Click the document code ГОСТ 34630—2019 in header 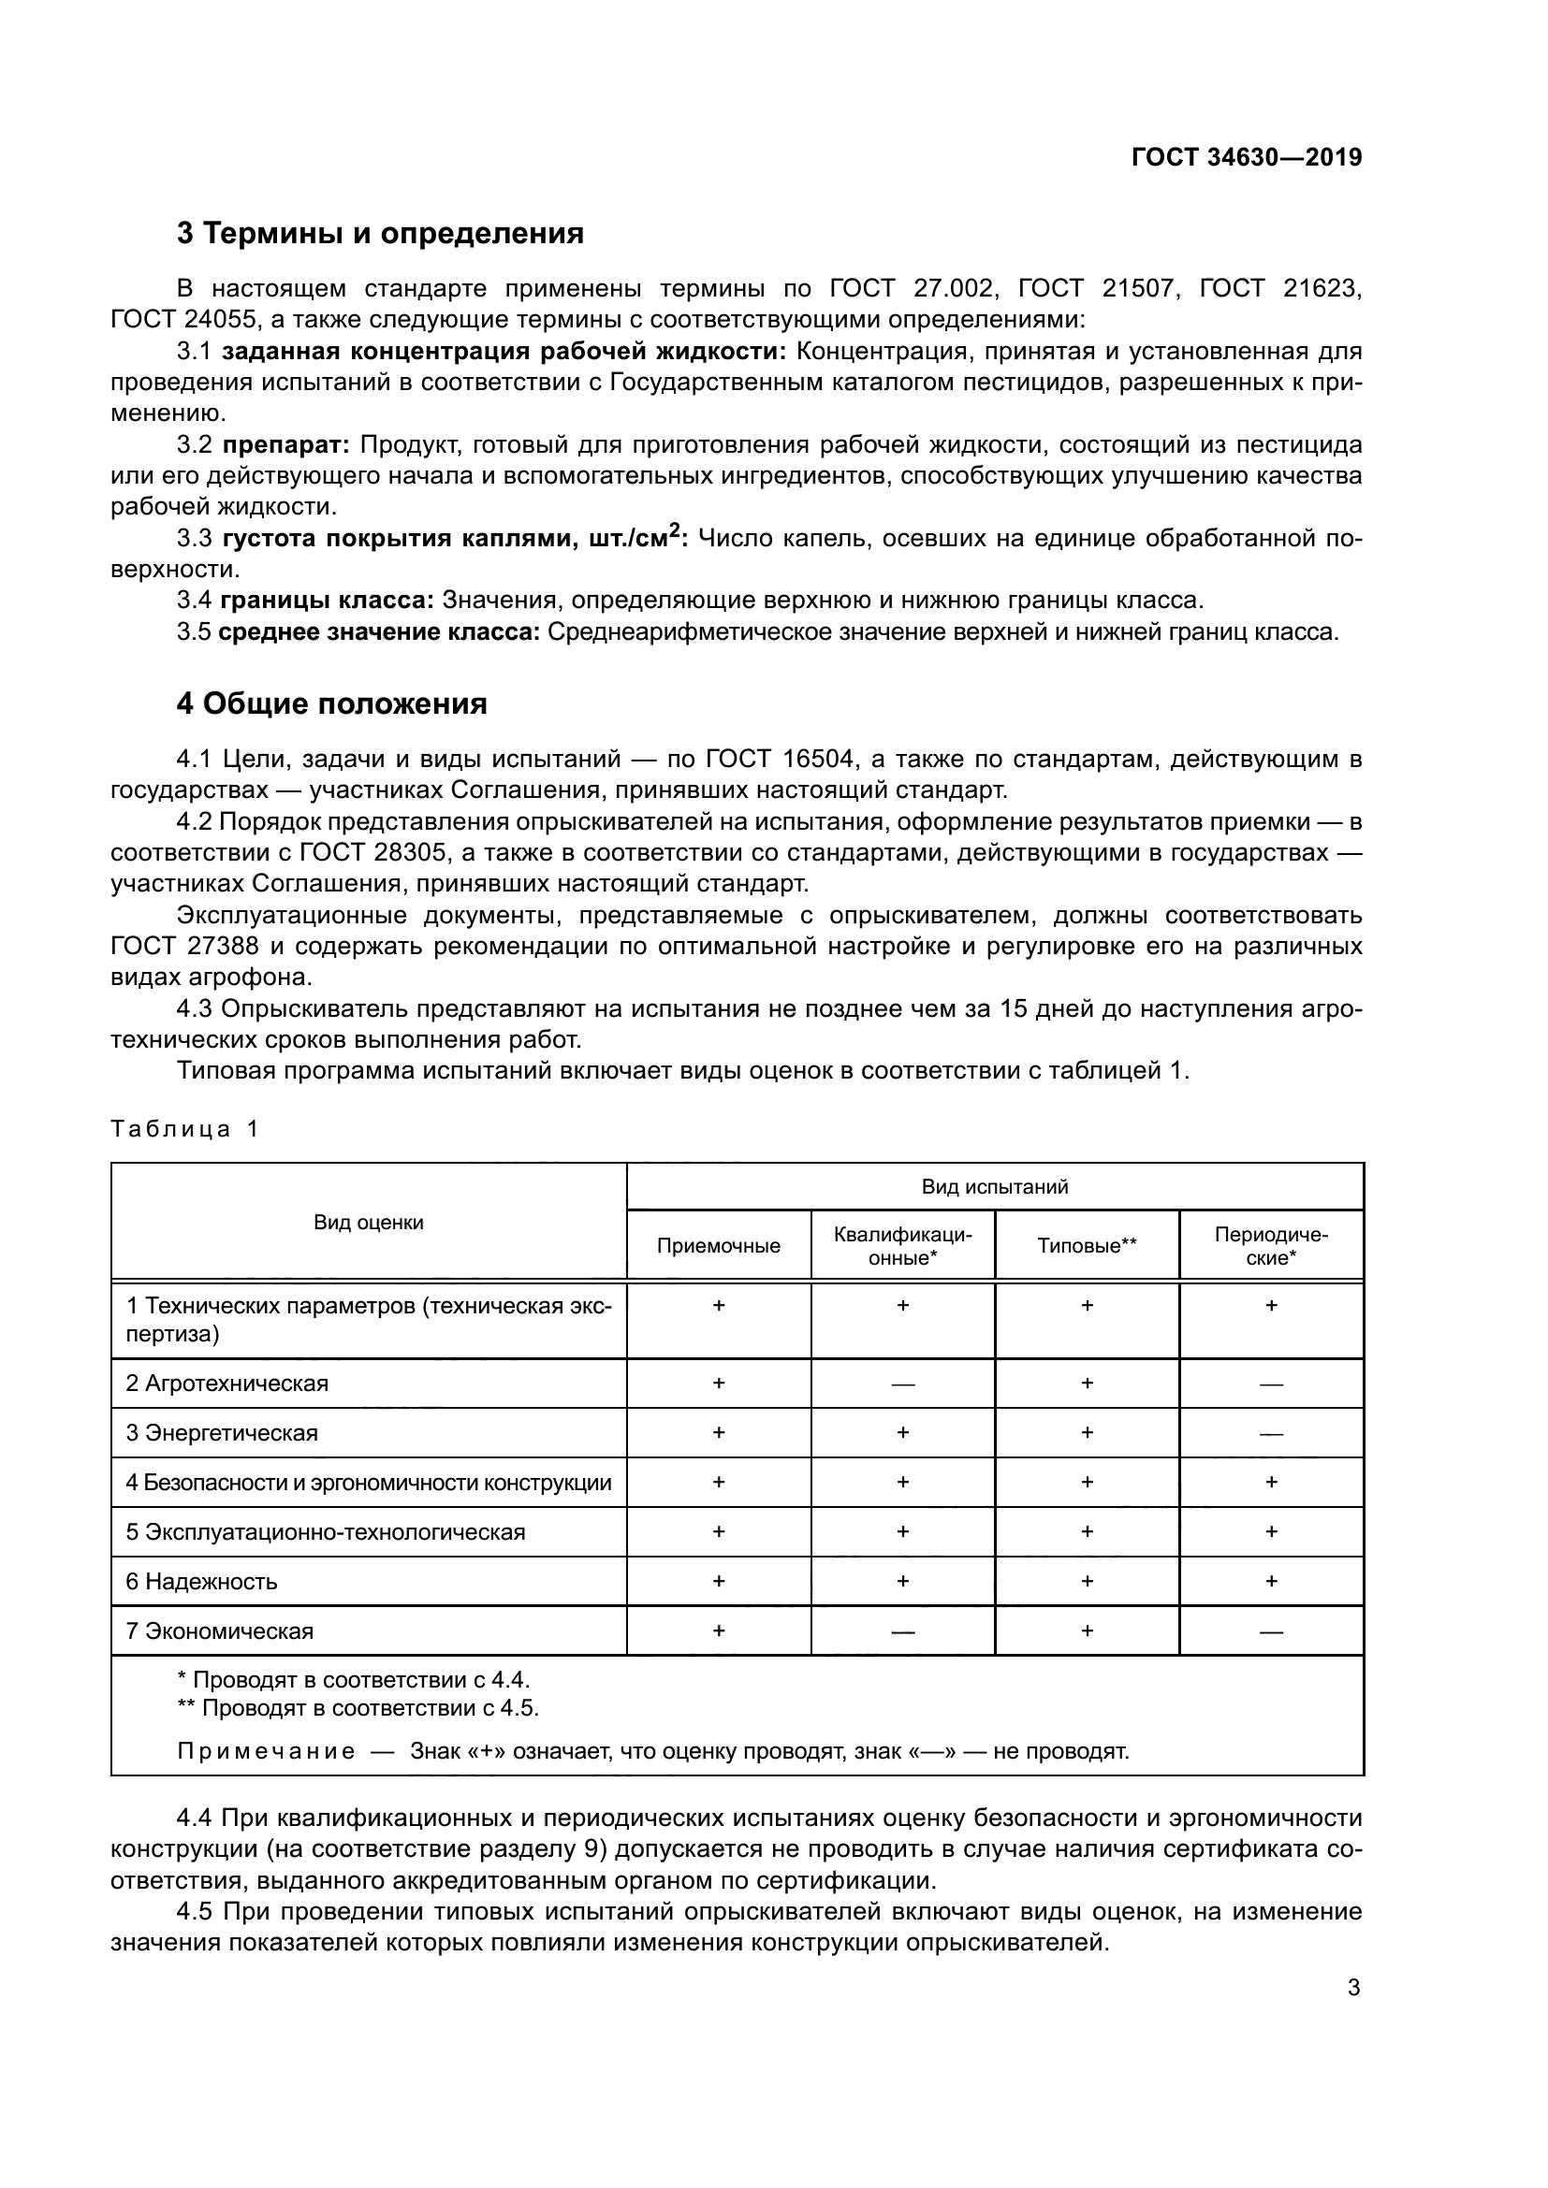(x=1246, y=157)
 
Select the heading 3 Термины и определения (x=379, y=233)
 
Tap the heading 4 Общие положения (x=330, y=703)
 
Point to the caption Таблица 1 (x=184, y=1129)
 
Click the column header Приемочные (x=718, y=1245)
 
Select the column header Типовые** (x=1087, y=1245)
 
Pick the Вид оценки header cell (x=368, y=1222)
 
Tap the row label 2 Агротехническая (x=226, y=1384)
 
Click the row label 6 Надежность (x=201, y=1582)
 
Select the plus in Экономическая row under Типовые (x=1087, y=1630)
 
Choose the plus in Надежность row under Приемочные (x=718, y=1581)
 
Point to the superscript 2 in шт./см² (x=675, y=529)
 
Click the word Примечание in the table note (x=266, y=1751)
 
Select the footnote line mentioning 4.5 (x=358, y=1708)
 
